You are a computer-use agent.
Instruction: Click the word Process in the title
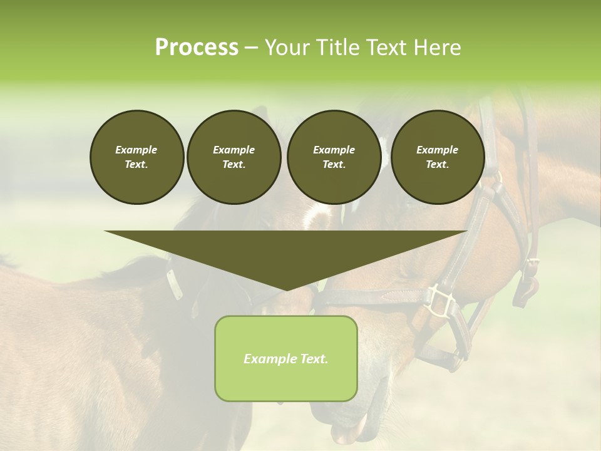197,47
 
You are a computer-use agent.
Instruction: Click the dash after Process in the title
251,48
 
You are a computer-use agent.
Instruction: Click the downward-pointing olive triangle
285,254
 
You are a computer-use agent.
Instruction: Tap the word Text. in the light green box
314,359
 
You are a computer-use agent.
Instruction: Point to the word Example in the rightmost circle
437,150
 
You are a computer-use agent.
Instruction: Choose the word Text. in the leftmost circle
136,165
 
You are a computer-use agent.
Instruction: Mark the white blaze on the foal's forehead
316,217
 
